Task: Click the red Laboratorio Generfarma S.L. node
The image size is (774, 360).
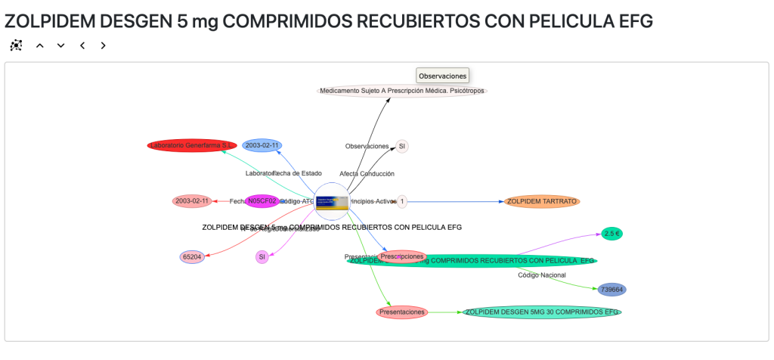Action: (192, 145)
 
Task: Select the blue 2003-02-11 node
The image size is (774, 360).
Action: (262, 145)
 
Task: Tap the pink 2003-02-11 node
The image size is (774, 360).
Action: (192, 201)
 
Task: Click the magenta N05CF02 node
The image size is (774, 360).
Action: (262, 201)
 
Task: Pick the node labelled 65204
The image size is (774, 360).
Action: (193, 257)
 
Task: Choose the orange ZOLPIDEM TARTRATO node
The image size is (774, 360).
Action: (542, 201)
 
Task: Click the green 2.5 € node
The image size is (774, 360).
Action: (612, 234)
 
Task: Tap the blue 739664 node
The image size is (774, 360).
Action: (611, 290)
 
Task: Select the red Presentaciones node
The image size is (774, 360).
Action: (402, 312)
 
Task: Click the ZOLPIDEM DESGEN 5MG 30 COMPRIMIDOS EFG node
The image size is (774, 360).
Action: (542, 312)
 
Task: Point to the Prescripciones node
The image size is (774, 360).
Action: (402, 256)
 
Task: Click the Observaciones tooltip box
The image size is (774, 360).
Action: (443, 76)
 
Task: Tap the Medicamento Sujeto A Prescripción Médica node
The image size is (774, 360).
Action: (402, 91)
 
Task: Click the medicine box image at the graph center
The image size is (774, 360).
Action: (332, 202)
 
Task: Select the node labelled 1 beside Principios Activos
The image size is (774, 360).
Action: (402, 201)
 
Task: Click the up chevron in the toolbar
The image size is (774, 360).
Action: (40, 45)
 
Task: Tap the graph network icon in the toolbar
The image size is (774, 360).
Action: (17, 45)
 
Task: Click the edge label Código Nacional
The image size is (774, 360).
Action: (542, 275)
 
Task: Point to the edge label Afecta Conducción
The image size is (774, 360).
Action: (367, 174)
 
